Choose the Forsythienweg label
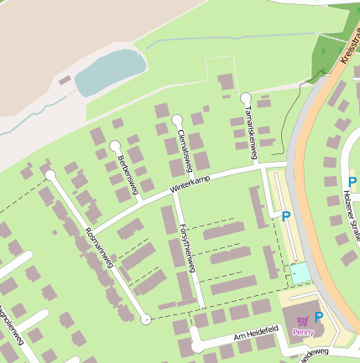187,247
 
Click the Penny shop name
302,332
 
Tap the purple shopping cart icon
302,319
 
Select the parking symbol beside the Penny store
319,316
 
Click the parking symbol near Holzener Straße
352,181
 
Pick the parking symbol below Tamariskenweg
286,216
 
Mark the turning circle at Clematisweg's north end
177,119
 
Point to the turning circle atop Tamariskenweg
245,98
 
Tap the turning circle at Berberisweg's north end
114,146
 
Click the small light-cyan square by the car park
300,272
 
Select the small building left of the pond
65,80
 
